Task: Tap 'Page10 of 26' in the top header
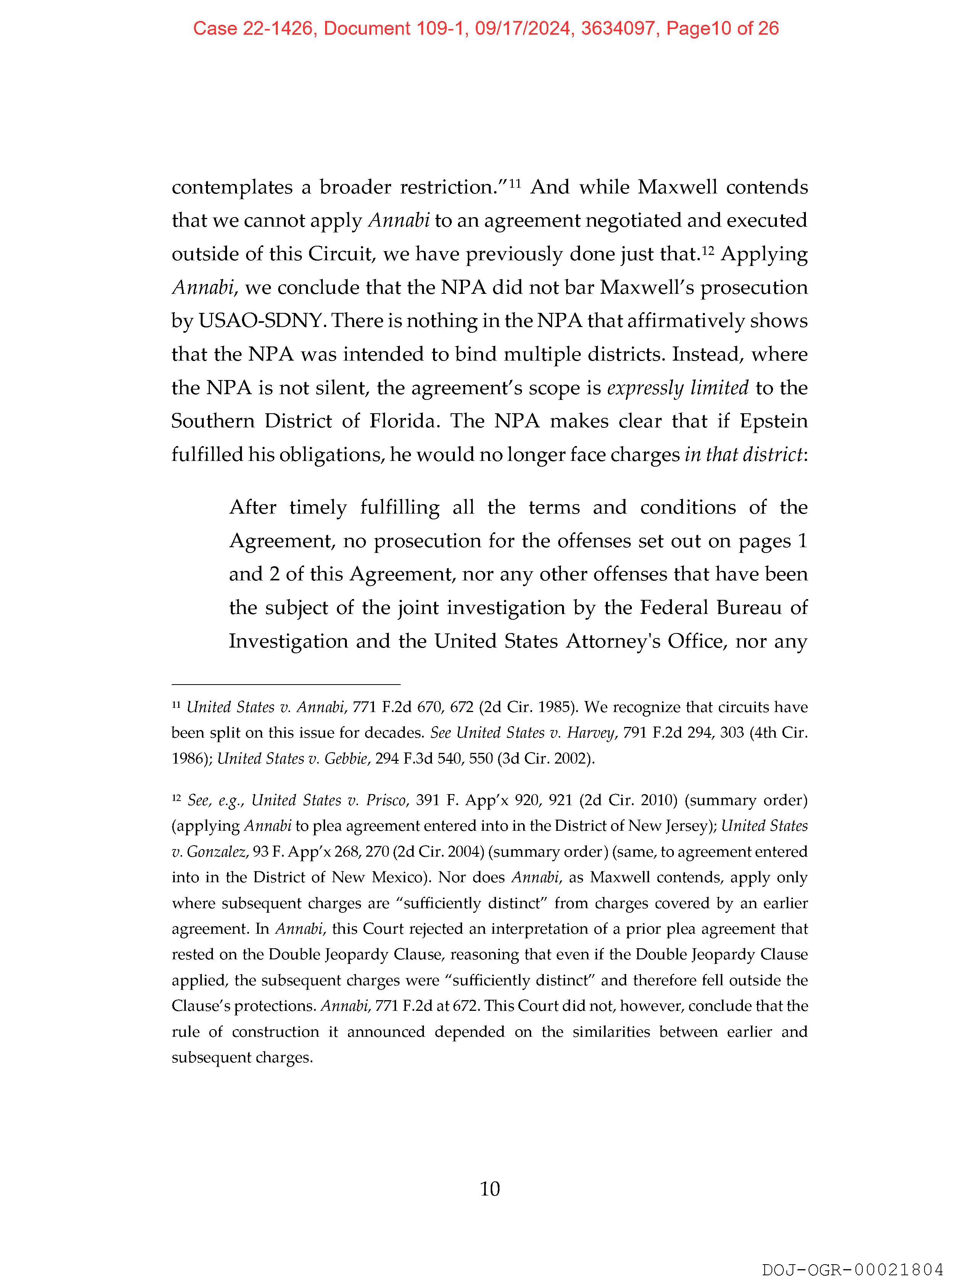tap(722, 28)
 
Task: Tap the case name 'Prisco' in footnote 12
tap(386, 800)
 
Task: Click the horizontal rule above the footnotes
tap(285, 685)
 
